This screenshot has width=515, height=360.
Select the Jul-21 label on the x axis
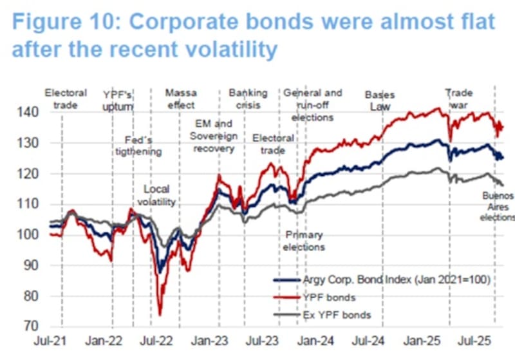pos(53,339)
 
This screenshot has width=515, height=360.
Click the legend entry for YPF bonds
pos(329,298)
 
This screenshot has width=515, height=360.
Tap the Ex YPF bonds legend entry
pos(337,315)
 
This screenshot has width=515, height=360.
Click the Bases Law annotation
pos(379,100)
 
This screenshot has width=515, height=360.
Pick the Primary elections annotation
pos(304,241)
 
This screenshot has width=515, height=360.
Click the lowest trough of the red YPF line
pos(160,314)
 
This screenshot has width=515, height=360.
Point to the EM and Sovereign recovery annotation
pos(214,136)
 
